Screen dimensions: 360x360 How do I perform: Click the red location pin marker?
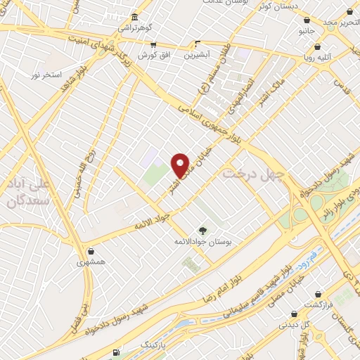tap(181, 165)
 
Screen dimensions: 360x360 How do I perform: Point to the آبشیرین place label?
tap(198, 54)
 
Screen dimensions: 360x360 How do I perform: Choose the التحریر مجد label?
tap(340, 22)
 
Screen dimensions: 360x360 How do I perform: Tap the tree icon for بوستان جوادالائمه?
tap(203, 230)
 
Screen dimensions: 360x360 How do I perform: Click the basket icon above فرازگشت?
tap(318, 294)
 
